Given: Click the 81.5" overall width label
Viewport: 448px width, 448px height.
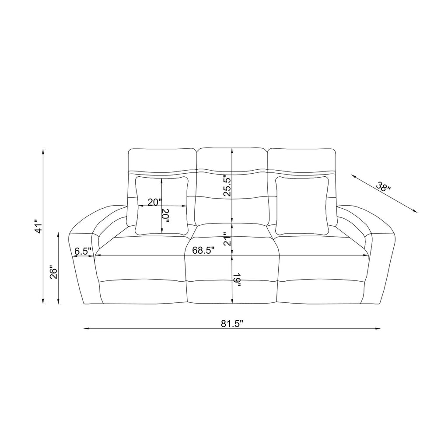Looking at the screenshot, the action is pos(232,324).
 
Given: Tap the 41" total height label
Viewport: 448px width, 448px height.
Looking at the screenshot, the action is pos(38,227).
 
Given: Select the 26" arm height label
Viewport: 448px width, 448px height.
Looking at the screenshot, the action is pos(54,273).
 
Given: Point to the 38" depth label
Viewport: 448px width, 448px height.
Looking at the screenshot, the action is pos(383,187).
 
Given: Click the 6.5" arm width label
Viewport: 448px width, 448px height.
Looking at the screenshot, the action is pos(83,251).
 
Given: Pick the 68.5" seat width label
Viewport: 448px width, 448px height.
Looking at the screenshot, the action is pos(203,250).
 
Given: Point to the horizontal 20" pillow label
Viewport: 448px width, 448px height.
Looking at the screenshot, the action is pos(154,202).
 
